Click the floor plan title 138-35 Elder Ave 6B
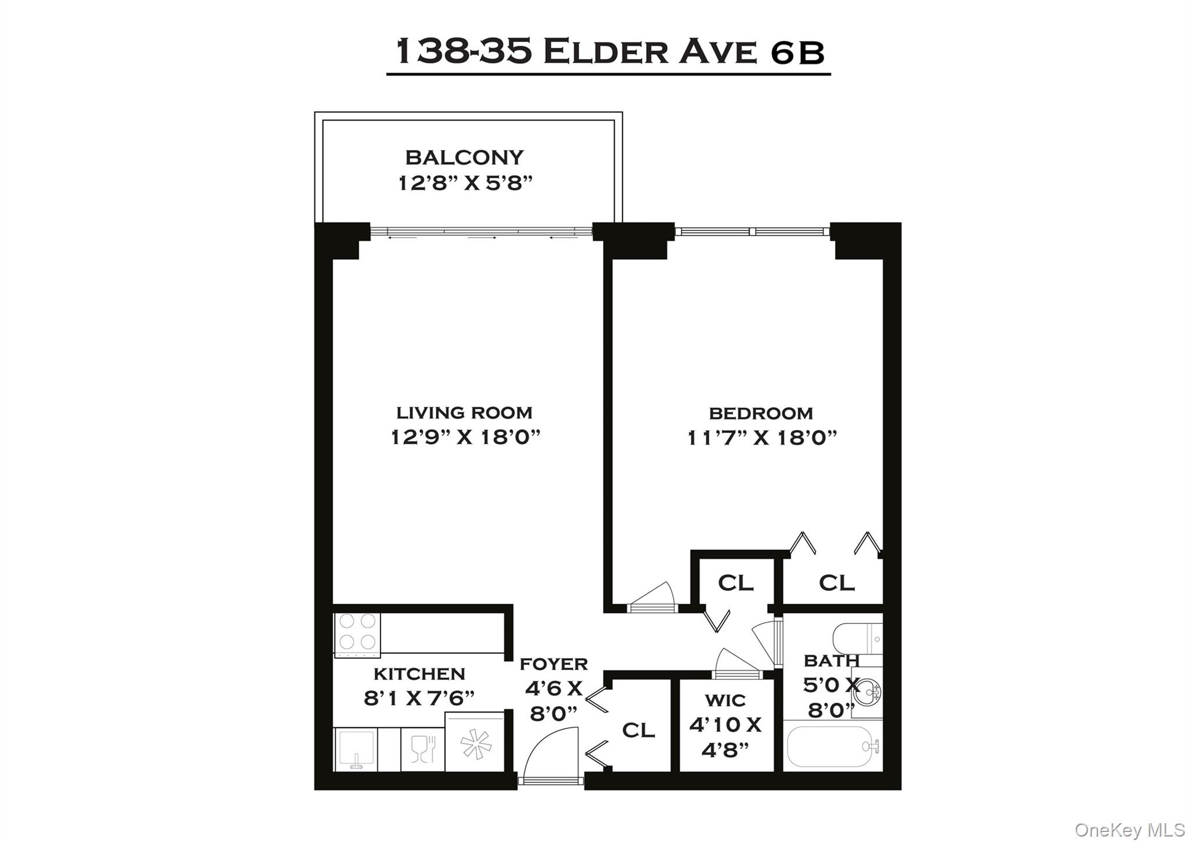[x=609, y=52]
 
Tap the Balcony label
[x=464, y=157]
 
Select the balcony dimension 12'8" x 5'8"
[x=464, y=183]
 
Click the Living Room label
[x=464, y=413]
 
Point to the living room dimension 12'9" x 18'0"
[x=465, y=437]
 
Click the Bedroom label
[x=761, y=413]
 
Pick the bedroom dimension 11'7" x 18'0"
[x=762, y=437]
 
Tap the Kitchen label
[x=419, y=674]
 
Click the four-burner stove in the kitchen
[x=357, y=633]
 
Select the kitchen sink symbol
[x=356, y=749]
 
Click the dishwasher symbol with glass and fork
[x=423, y=749]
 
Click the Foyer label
[x=554, y=664]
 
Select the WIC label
[x=725, y=700]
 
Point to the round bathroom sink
[x=871, y=692]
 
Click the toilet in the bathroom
[x=856, y=639]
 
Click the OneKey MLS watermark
[x=1129, y=829]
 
